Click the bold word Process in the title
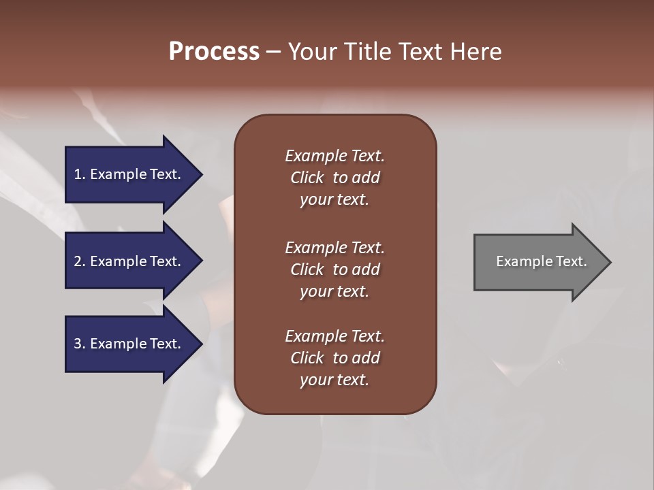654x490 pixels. point(214,52)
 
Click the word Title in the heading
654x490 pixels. point(368,52)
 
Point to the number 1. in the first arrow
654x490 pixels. point(79,174)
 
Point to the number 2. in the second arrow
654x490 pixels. point(79,261)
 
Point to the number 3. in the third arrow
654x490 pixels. point(79,344)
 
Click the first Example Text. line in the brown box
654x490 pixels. point(334,156)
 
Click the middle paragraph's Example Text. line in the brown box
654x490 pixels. point(334,248)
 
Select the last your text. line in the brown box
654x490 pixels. point(334,380)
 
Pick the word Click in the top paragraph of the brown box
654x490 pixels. point(307,178)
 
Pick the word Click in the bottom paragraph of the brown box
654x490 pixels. point(307,358)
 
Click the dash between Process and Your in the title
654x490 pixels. point(273,52)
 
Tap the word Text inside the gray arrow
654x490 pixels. point(570,261)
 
